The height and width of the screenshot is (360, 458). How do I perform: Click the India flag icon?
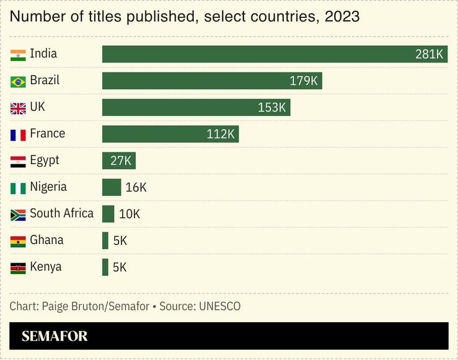tap(18, 55)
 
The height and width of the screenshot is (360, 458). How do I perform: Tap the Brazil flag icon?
tap(18, 81)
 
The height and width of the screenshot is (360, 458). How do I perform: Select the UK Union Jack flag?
tap(18, 108)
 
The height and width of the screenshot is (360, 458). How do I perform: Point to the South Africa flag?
tap(18, 214)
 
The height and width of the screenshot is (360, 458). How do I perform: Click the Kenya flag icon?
tap(18, 268)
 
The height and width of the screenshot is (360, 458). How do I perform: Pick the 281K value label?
tap(429, 55)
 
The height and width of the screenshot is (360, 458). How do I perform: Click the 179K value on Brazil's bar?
tap(304, 81)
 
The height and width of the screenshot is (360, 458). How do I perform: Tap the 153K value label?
tap(272, 108)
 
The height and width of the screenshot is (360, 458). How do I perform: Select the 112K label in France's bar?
tap(221, 134)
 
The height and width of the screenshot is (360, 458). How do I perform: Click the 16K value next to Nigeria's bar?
tap(136, 188)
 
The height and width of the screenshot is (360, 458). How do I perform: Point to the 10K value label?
tap(130, 214)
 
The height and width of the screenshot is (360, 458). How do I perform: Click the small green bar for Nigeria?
tap(112, 188)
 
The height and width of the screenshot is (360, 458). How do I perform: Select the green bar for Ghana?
tap(105, 241)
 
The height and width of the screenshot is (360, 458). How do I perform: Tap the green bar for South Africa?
tap(108, 214)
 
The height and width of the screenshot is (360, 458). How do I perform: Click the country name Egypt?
tap(45, 160)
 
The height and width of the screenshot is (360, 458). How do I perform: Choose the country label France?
tap(47, 134)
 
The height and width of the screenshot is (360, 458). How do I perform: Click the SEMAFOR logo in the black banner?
tap(55, 336)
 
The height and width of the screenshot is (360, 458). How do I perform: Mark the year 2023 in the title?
tap(342, 17)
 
